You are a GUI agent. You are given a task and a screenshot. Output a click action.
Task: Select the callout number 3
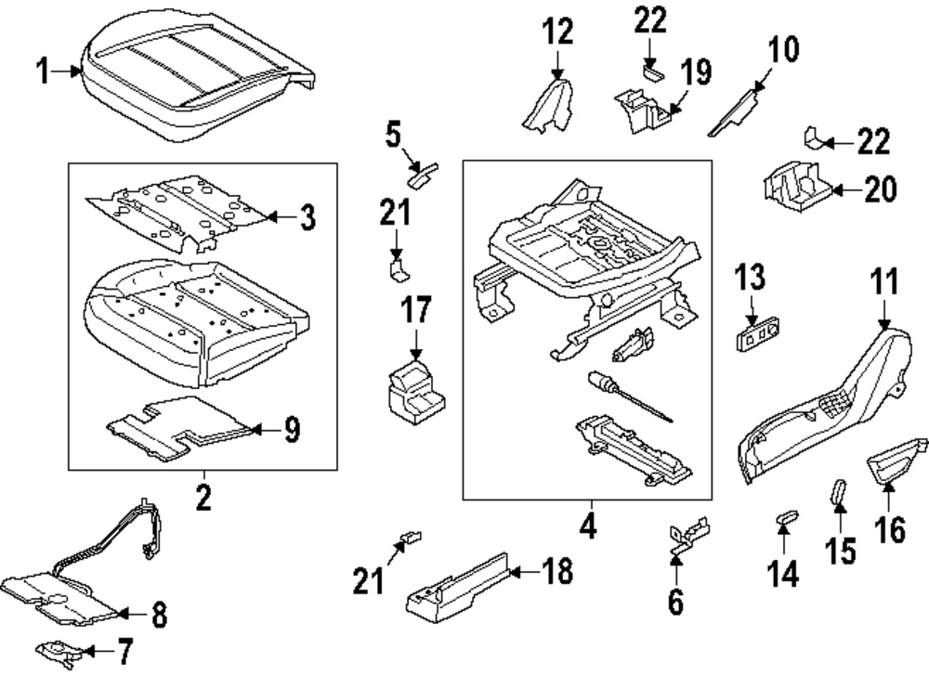307,218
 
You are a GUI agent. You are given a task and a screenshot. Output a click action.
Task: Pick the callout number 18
556,571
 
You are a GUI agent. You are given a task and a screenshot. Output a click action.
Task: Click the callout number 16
889,532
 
